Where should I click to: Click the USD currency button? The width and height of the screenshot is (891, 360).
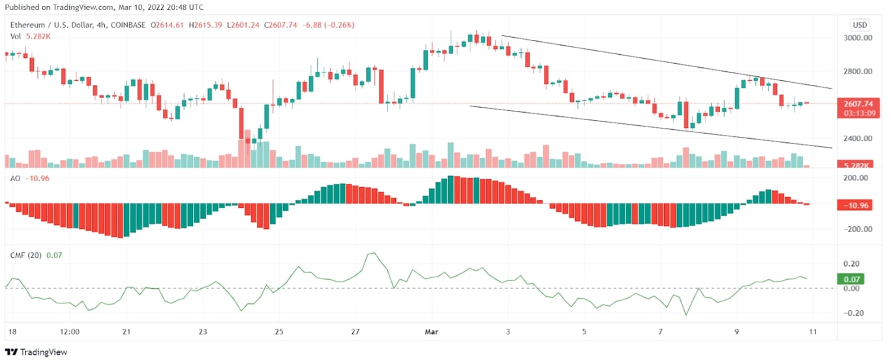pos(860,25)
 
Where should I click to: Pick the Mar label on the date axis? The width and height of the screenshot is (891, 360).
pos(432,331)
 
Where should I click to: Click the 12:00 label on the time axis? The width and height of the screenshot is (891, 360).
pos(69,331)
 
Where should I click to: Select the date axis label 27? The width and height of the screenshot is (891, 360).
pos(355,331)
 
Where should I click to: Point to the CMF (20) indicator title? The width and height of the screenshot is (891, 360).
pos(25,255)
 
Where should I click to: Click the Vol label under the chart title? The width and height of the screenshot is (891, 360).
pos(15,37)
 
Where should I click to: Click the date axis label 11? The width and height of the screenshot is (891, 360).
pos(812,331)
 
